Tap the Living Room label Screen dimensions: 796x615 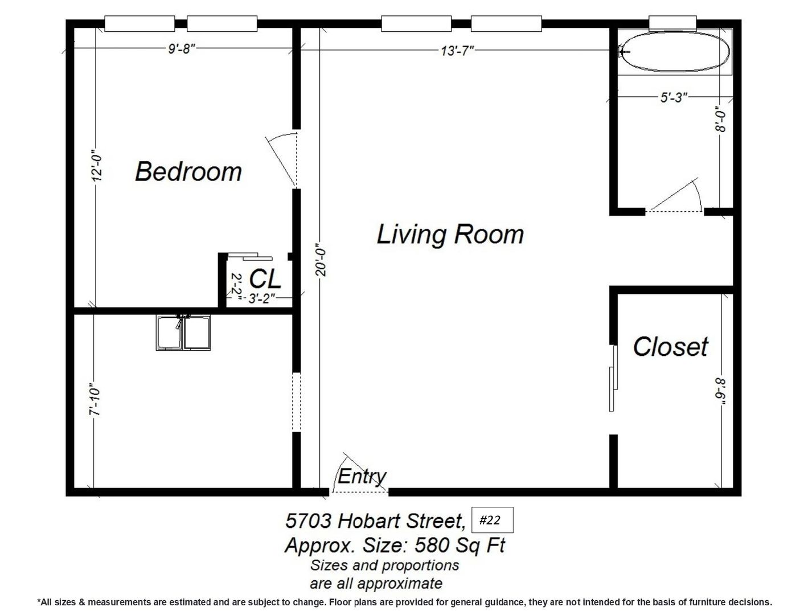[x=450, y=234]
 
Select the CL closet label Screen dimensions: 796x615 [x=265, y=279]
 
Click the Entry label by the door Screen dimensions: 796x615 [x=362, y=476]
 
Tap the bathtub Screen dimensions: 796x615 [x=674, y=51]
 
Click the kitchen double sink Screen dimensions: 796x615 [x=183, y=333]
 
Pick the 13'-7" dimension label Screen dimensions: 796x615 [x=457, y=51]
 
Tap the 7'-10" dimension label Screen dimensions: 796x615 [x=95, y=399]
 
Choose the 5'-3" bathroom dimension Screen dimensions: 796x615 [x=673, y=97]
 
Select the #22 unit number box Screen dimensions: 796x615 [x=492, y=520]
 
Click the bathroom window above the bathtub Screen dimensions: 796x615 [x=672, y=23]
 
